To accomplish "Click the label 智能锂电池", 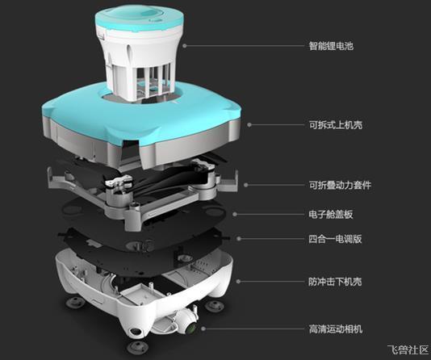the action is (x=331, y=46).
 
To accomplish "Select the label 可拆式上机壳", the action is (x=336, y=125).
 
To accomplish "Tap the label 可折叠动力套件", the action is (x=340, y=185).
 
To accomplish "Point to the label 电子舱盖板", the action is (x=331, y=215).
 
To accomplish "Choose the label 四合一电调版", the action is (x=335, y=239).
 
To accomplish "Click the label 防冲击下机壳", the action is (x=335, y=282).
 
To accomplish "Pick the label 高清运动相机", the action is (x=336, y=329).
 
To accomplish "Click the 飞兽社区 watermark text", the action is (x=408, y=350).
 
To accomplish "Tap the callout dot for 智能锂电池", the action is (x=185, y=46).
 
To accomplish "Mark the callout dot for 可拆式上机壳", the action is (x=249, y=125).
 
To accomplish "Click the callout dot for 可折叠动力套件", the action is (x=246, y=185).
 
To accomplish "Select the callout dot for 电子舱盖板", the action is (x=235, y=215).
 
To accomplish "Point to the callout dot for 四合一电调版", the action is (x=239, y=239).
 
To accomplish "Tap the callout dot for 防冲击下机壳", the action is (x=238, y=282).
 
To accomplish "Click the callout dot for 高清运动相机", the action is (x=203, y=329).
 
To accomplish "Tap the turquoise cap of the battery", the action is (x=140, y=17).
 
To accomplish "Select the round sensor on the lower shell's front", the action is (x=135, y=333).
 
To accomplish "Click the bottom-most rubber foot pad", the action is (x=138, y=347).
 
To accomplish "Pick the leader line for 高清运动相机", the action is (x=255, y=329).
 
